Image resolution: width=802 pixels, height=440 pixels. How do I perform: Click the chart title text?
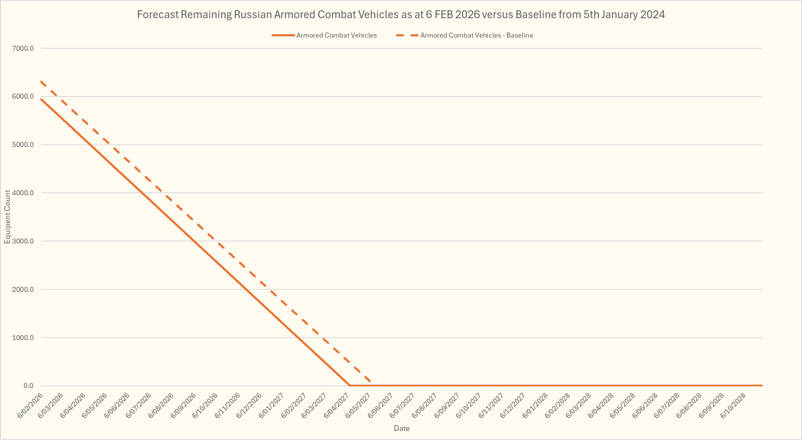(401, 15)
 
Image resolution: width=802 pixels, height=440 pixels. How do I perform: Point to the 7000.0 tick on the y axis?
(23, 48)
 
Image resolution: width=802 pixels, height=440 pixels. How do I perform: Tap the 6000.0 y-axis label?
(23, 97)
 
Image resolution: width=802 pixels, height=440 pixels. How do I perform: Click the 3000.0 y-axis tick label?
(23, 241)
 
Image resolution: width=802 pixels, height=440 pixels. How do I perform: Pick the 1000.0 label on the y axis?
(23, 338)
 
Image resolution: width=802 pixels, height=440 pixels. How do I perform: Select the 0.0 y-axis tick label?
(28, 386)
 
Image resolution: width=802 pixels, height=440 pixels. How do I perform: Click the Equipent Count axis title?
(7, 217)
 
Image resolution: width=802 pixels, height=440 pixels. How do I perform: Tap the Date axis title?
(402, 428)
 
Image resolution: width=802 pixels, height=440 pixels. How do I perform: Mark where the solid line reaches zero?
(350, 385)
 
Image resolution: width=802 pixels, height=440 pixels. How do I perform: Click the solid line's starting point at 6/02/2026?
(41, 99)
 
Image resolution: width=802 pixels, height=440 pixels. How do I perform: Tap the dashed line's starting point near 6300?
(41, 81)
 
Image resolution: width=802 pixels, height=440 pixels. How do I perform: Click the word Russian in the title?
(253, 15)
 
